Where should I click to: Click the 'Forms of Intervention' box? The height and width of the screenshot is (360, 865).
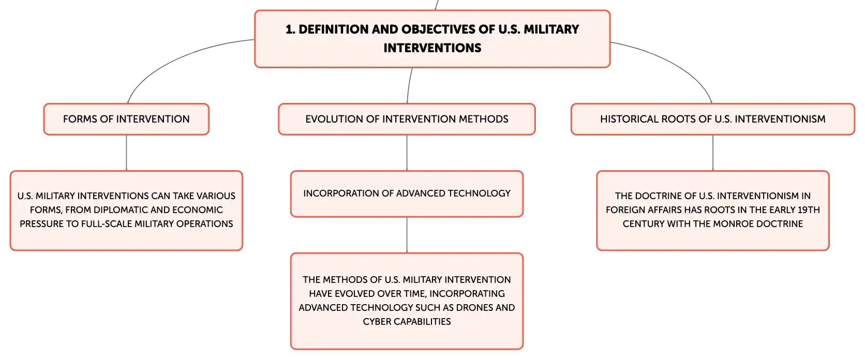(126, 119)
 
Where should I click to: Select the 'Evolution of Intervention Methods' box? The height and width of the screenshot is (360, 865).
(407, 119)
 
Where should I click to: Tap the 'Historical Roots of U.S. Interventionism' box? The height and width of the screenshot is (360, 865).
(713, 119)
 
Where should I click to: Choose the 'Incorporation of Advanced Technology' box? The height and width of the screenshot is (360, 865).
(407, 194)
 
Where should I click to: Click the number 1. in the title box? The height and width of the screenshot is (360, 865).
(290, 29)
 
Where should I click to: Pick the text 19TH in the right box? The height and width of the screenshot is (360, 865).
(808, 210)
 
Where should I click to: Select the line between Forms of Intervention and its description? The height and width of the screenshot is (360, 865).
(126, 153)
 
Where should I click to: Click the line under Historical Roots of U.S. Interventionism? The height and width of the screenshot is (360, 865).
(713, 153)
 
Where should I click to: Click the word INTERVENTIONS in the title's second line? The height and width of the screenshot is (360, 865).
(433, 48)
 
